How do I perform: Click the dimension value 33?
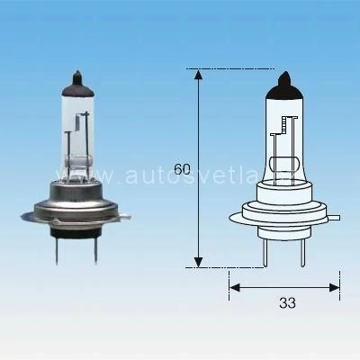(x=287, y=303)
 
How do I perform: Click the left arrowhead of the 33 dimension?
(x=234, y=287)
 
